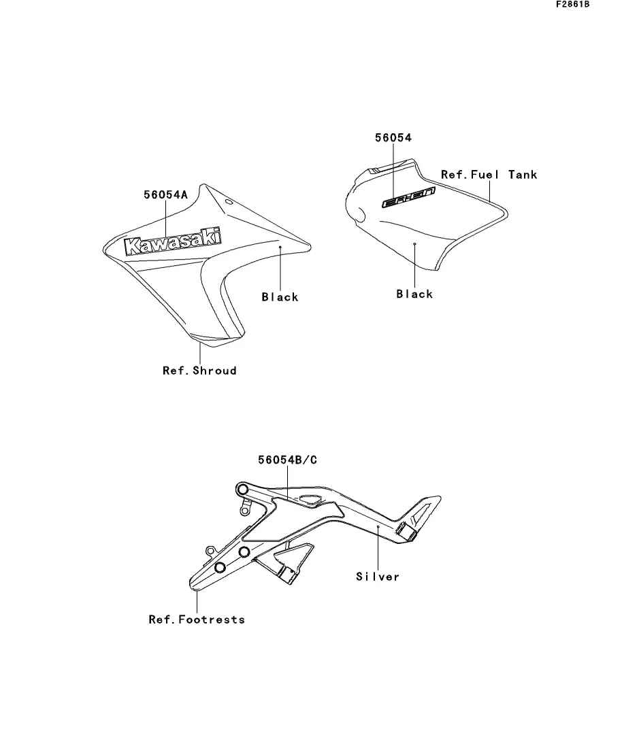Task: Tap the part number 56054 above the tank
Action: click(x=393, y=138)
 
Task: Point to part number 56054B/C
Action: click(x=287, y=460)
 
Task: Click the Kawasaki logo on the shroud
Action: click(x=174, y=243)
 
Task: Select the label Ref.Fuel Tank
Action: click(x=489, y=175)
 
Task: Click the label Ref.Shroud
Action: click(x=199, y=371)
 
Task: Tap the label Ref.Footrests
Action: click(x=196, y=619)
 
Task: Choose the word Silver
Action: click(x=378, y=577)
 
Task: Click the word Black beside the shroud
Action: click(x=280, y=296)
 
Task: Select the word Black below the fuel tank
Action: click(x=414, y=294)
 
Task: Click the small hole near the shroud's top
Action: click(x=229, y=203)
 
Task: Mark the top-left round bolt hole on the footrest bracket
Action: click(x=242, y=490)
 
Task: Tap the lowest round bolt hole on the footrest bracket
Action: click(x=220, y=568)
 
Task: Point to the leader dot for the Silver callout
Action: click(x=378, y=526)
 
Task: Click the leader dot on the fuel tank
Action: click(x=414, y=242)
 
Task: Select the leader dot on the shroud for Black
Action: click(x=280, y=249)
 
